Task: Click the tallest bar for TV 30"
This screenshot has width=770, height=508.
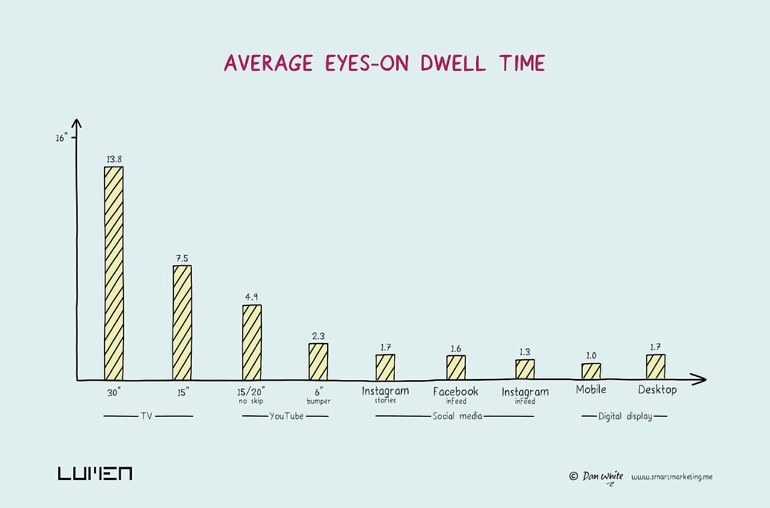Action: (114, 273)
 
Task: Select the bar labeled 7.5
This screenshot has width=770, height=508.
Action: (182, 322)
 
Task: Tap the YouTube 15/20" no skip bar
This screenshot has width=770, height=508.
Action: (252, 342)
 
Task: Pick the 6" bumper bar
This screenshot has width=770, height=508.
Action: (318, 361)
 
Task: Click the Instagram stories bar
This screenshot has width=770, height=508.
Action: (385, 367)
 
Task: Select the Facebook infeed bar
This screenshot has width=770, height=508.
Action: (455, 367)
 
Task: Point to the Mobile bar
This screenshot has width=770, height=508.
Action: (591, 371)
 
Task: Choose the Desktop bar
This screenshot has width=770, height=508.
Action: (656, 367)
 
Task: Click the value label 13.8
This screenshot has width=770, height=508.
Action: (114, 159)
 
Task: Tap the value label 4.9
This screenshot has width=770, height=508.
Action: (251, 297)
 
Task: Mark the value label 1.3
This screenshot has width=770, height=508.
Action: (525, 352)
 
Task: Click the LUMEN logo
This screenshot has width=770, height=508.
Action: (95, 473)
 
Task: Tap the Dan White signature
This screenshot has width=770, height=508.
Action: (602, 476)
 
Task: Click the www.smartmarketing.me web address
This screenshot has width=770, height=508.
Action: (672, 477)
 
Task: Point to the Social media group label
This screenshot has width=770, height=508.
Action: (457, 416)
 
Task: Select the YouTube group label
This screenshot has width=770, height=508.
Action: (286, 416)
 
